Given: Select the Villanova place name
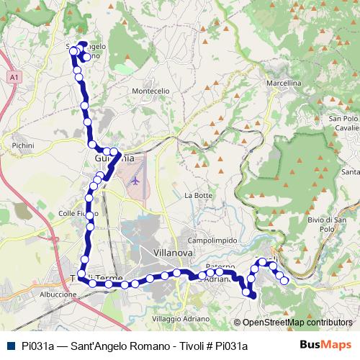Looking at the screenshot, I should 174,253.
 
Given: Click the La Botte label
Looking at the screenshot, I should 199,195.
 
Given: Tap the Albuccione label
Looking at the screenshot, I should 58,294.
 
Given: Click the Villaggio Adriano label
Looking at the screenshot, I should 181,318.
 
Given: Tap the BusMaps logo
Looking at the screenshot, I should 325,345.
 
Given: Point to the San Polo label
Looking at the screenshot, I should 343,118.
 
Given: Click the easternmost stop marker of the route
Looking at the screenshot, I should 284,280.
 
